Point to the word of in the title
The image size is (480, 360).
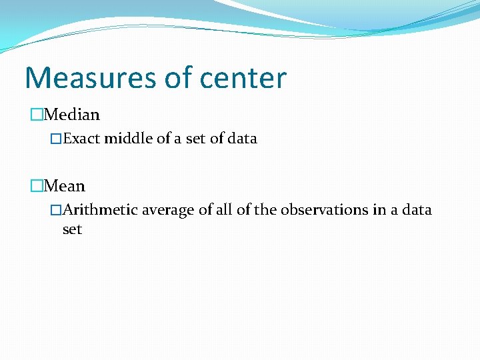179,78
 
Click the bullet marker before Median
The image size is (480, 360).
36,115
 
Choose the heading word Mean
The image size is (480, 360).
65,186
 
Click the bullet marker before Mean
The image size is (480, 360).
36,186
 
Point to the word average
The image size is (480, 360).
168,210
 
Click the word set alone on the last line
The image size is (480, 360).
72,229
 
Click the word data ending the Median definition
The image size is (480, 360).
242,139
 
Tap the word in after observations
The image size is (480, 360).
379,210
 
